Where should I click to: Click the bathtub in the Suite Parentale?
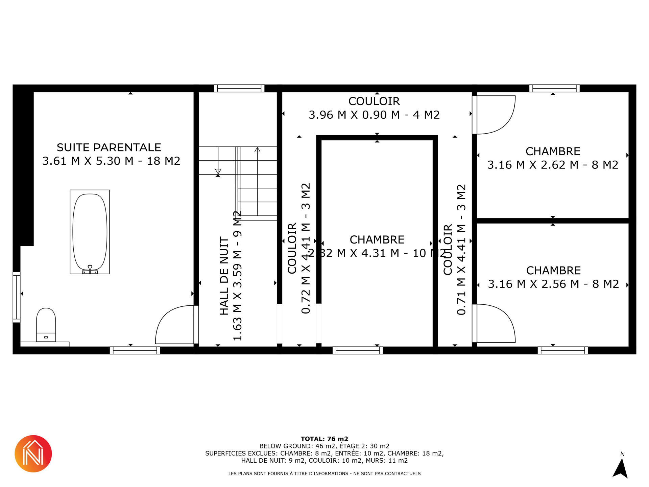click(90, 232)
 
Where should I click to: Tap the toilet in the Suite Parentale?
click(46, 325)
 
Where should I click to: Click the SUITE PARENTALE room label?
click(109, 147)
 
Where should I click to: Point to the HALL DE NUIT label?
click(224, 276)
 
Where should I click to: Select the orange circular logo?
click(33, 454)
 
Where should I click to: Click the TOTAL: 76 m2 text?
click(324, 439)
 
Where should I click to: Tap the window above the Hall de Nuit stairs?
click(239, 88)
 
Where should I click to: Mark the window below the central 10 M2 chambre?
click(358, 350)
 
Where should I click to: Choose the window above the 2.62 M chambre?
click(554, 88)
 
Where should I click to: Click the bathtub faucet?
click(90, 269)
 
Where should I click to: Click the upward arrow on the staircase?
click(258, 181)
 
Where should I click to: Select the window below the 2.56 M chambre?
click(563, 350)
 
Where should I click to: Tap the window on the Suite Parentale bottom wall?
click(135, 350)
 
